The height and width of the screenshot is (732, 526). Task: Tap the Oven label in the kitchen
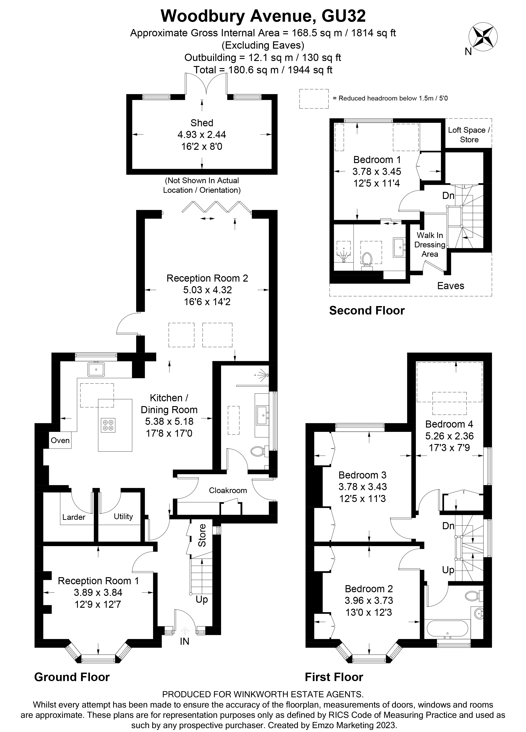click(60, 440)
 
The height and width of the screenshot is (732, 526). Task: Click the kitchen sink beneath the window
click(96, 370)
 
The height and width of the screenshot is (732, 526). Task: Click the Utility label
click(123, 516)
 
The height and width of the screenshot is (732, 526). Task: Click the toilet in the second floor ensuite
click(367, 259)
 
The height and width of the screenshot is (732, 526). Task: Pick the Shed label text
click(202, 123)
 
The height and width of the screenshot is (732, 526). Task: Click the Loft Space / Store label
click(469, 135)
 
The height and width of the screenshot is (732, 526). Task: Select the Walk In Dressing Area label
click(430, 245)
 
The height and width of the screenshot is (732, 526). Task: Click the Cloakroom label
click(228, 490)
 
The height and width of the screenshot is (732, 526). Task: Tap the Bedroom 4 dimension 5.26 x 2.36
click(449, 436)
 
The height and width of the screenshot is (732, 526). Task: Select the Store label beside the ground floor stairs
click(202, 535)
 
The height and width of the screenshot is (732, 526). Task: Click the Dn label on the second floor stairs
click(448, 195)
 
